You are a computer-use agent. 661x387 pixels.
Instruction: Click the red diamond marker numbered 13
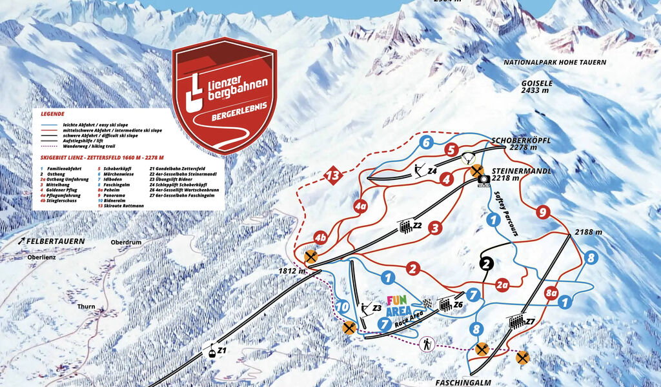pos(332,175)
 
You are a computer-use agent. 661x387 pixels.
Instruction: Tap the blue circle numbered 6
pos(425,143)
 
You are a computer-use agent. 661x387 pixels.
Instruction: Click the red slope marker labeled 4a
pos(360,207)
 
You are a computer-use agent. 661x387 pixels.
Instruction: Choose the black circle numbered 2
pos(487,263)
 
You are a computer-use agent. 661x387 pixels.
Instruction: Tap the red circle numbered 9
pos(543,212)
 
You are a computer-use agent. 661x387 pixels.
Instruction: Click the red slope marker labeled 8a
pos(551,293)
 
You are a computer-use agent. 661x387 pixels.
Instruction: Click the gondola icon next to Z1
pos(210,352)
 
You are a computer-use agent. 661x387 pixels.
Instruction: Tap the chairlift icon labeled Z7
pos(516,321)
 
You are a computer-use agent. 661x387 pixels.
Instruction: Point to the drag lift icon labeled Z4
pos(420,170)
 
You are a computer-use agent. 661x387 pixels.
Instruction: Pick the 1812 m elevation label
pos(293,272)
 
